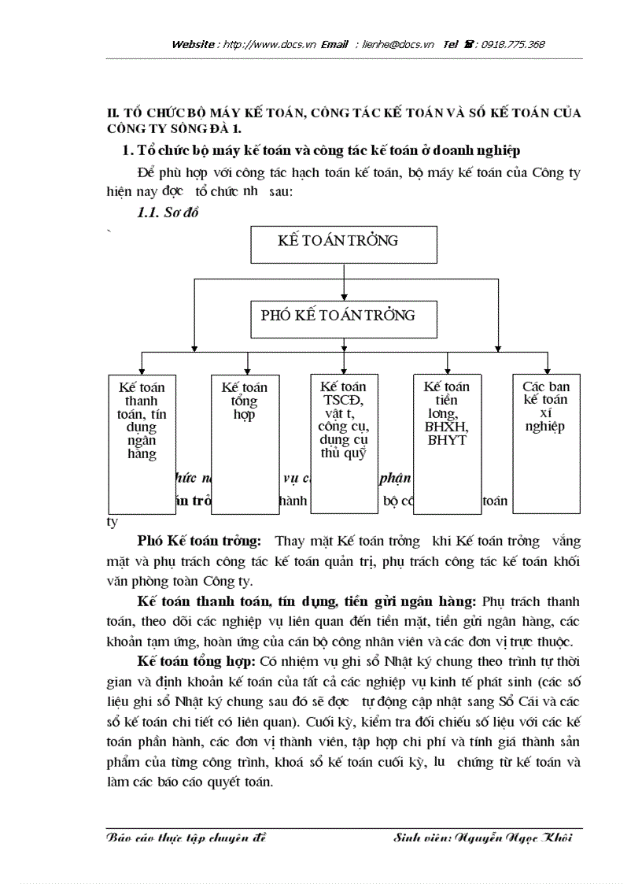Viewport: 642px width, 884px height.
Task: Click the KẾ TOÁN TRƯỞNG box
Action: pyautogui.click(x=343, y=244)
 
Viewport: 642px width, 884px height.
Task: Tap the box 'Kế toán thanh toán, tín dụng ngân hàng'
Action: pyautogui.click(x=142, y=443)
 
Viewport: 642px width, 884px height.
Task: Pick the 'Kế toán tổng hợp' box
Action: pyautogui.click(x=244, y=443)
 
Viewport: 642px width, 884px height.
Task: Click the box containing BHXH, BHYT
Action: pyautogui.click(x=447, y=443)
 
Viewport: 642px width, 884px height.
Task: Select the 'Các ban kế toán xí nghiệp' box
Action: pyautogui.click(x=546, y=443)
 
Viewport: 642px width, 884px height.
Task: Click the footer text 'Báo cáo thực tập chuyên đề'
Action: pyautogui.click(x=187, y=838)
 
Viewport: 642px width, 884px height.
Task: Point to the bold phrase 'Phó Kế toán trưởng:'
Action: pyautogui.click(x=199, y=542)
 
